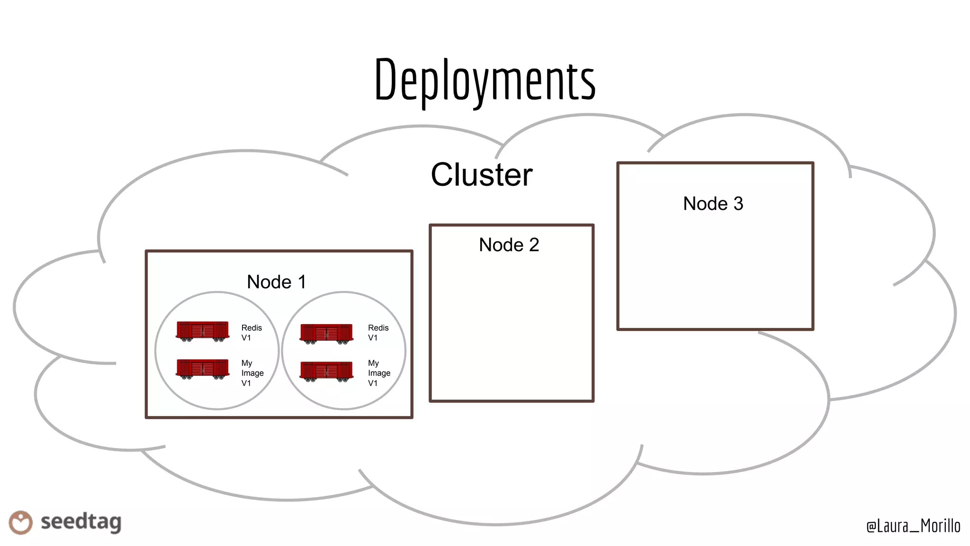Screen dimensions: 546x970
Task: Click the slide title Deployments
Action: tap(485, 80)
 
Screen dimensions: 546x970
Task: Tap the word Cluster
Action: tap(481, 174)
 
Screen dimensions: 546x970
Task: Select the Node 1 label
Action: tap(276, 282)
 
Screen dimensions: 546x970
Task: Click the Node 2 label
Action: tap(509, 245)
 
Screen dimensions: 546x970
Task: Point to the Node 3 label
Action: tap(713, 204)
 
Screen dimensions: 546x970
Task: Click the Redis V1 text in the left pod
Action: tap(251, 333)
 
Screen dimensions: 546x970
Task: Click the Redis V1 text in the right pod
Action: tap(377, 333)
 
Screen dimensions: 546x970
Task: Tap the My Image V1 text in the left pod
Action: tap(252, 373)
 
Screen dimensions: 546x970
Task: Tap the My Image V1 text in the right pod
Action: tap(378, 373)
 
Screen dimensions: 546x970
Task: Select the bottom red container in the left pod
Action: tap(202, 369)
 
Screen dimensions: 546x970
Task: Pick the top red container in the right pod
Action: tap(326, 334)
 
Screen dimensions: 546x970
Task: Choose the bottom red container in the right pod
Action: tap(326, 371)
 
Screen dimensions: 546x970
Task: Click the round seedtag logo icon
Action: tap(20, 522)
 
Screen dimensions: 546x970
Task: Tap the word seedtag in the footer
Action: tap(81, 522)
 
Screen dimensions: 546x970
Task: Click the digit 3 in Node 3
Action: tap(738, 204)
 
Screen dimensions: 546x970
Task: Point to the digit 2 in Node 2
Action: tap(534, 245)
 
